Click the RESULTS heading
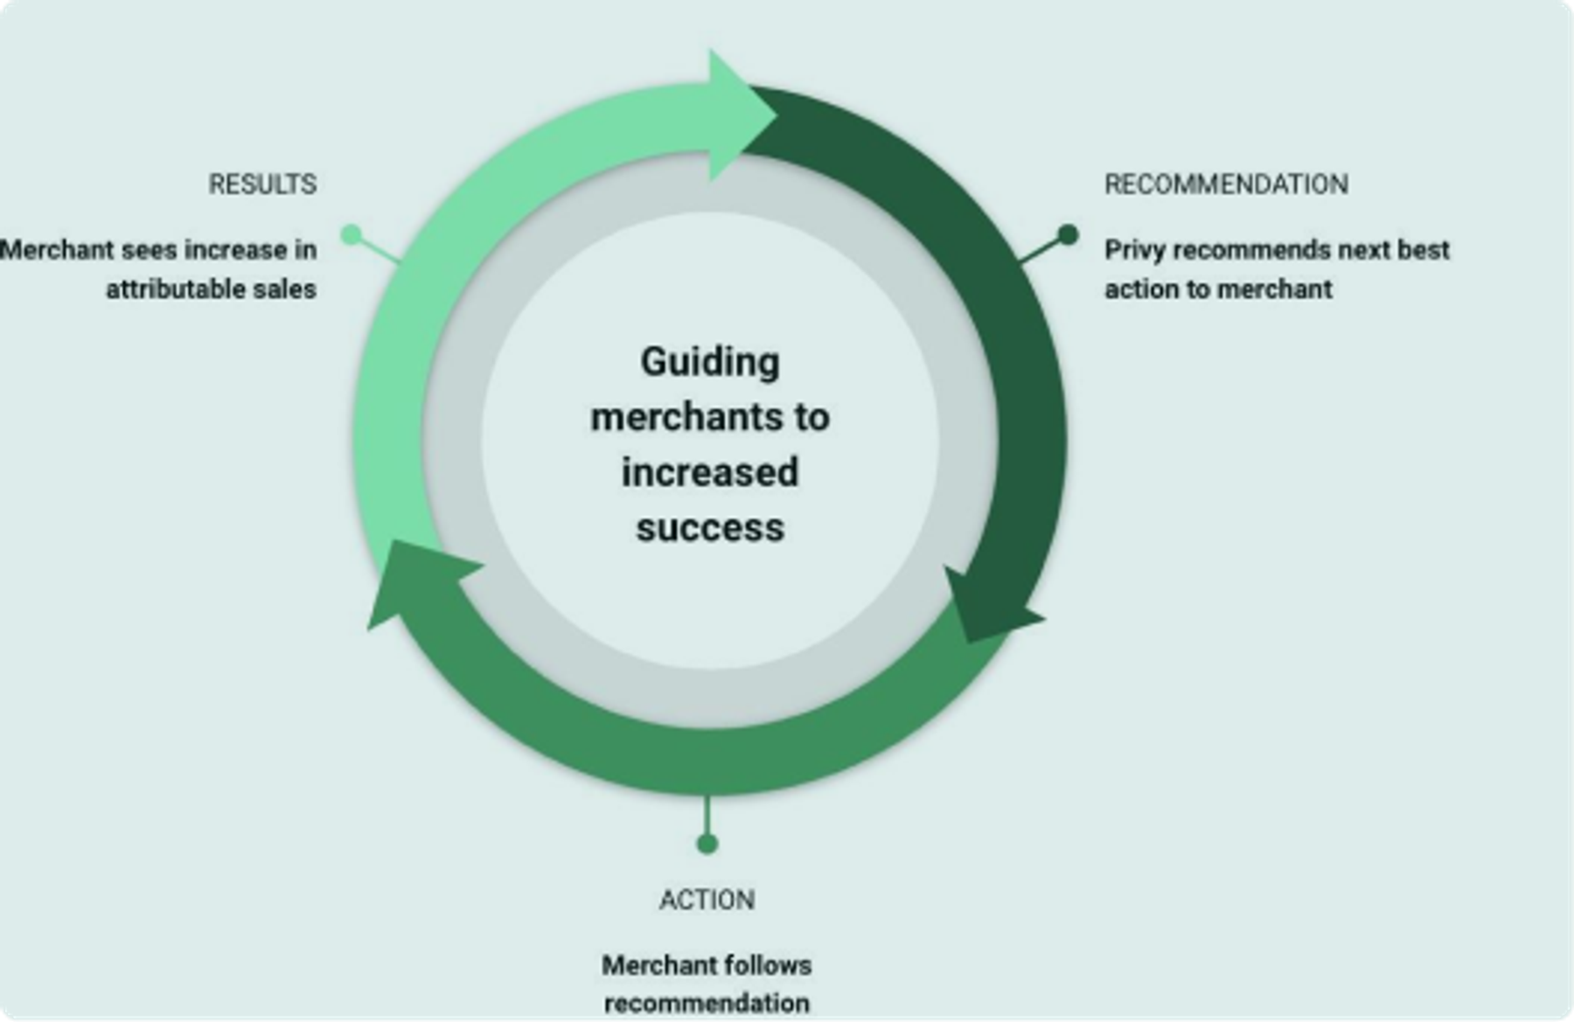click(x=262, y=184)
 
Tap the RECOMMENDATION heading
click(x=1226, y=184)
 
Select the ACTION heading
click(x=707, y=900)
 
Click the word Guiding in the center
click(x=710, y=362)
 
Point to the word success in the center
click(x=710, y=527)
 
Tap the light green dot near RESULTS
click(x=351, y=234)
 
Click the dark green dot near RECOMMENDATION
click(x=1068, y=234)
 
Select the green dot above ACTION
click(x=707, y=844)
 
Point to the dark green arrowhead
click(x=988, y=606)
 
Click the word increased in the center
click(x=710, y=472)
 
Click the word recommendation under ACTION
click(x=707, y=1003)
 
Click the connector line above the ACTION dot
click(x=707, y=814)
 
